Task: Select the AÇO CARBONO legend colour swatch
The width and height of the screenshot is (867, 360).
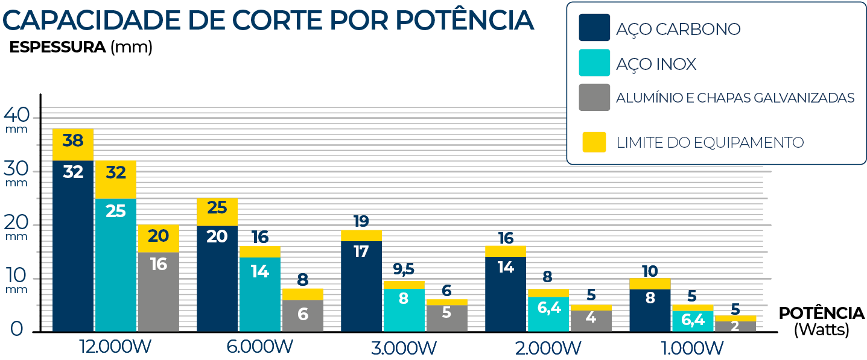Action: tap(594, 28)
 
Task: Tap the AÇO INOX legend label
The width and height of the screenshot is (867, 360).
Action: tap(656, 64)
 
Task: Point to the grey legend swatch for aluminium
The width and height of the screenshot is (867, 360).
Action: tap(594, 97)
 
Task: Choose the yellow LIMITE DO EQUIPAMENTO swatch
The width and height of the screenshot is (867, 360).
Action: tap(594, 142)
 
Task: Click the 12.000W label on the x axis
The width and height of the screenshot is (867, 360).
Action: tap(116, 347)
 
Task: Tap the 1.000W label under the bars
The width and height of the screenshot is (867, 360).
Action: tap(693, 348)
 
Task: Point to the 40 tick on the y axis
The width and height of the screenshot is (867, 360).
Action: tap(17, 114)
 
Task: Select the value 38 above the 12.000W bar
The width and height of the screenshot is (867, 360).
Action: tap(73, 141)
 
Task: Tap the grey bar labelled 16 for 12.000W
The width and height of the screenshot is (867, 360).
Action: tap(158, 292)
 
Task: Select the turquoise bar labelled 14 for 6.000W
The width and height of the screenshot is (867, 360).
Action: tap(260, 294)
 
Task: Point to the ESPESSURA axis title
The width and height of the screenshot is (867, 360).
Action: tap(58, 48)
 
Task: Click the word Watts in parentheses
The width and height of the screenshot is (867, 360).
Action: tap(822, 330)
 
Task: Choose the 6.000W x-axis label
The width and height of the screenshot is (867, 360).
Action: tap(260, 347)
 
